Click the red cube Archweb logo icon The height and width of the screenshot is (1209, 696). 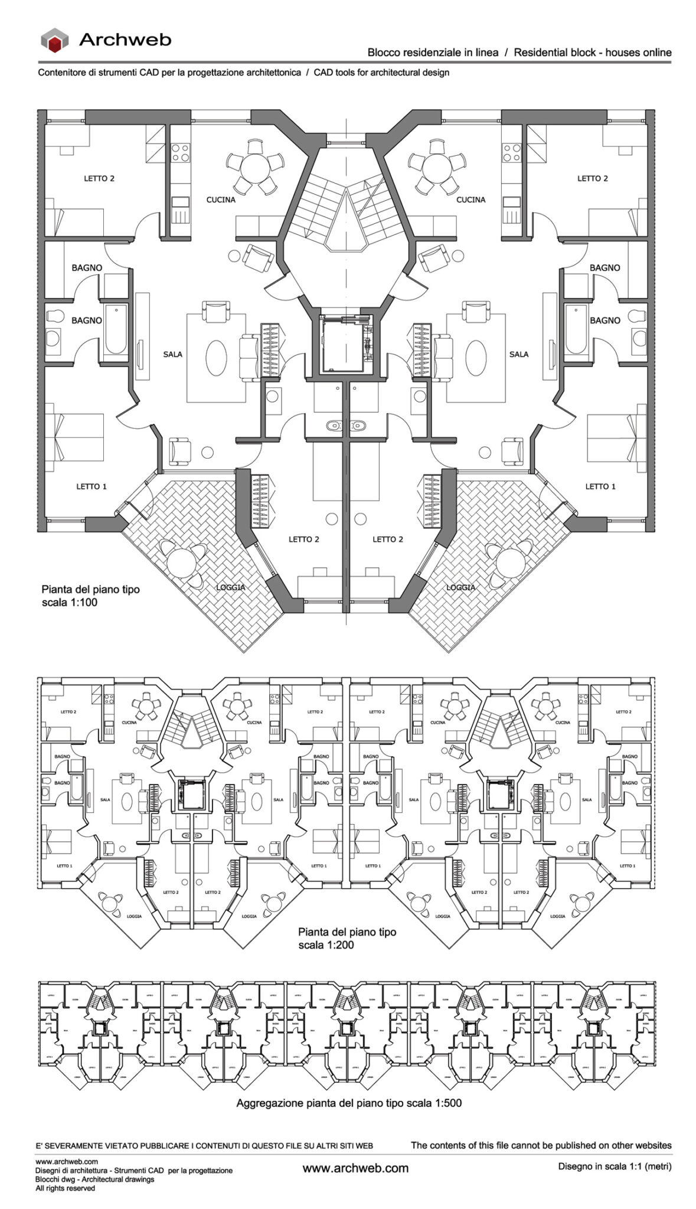point(54,41)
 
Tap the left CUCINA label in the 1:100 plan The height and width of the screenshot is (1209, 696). point(221,200)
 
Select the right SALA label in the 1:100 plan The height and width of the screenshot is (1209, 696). point(519,354)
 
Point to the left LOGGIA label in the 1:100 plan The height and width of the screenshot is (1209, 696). point(230,587)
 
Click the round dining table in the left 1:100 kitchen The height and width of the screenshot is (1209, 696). point(255,166)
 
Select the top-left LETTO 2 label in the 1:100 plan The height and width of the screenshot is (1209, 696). point(99,178)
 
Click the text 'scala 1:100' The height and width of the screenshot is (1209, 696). point(69,603)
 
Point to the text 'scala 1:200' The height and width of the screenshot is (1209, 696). point(326,945)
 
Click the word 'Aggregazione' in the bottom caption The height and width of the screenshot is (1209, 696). point(270,1103)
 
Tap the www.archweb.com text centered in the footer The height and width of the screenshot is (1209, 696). point(355,1168)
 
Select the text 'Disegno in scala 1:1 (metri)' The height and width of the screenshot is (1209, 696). point(615,1166)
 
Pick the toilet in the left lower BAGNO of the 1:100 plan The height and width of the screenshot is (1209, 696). point(54,316)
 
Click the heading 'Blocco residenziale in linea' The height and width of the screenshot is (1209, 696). point(433,53)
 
